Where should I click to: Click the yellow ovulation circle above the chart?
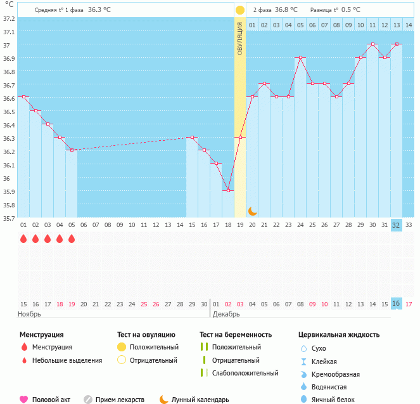[240, 10]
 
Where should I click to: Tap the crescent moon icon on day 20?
[252, 211]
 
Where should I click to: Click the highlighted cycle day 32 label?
[397, 225]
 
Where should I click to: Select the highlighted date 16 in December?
[397, 304]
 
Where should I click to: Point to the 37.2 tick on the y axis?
[9, 18]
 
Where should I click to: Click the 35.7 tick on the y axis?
[9, 218]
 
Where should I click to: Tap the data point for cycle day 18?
[228, 190]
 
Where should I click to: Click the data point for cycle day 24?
[300, 57]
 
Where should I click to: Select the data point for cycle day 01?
[23, 96]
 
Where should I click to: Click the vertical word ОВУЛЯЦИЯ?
[240, 38]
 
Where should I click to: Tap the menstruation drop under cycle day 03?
[48, 238]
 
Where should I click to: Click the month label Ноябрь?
[29, 314]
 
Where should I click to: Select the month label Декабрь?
[227, 314]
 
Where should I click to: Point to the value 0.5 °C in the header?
[351, 10]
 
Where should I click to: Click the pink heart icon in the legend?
[23, 400]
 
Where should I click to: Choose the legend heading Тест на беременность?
[236, 334]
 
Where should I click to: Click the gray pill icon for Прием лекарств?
[88, 400]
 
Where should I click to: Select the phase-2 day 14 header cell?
[409, 25]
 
